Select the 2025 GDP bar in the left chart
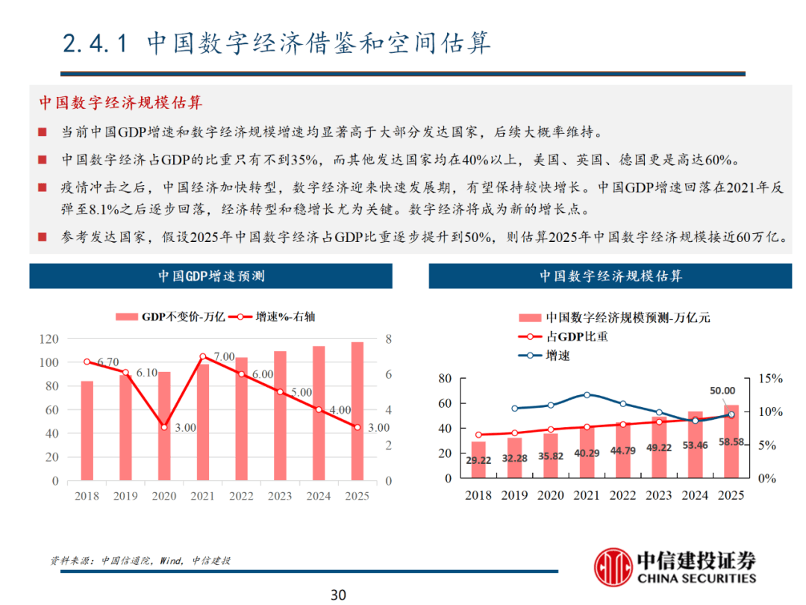click(357, 411)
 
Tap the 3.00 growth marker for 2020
click(164, 427)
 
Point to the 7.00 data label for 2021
click(224, 357)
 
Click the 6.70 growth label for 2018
click(108, 362)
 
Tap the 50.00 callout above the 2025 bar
click(722, 390)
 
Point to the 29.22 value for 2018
click(478, 461)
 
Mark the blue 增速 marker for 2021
click(587, 394)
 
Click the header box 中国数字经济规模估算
click(610, 276)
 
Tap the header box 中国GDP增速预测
click(210, 276)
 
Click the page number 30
click(338, 595)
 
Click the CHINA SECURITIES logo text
click(696, 577)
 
